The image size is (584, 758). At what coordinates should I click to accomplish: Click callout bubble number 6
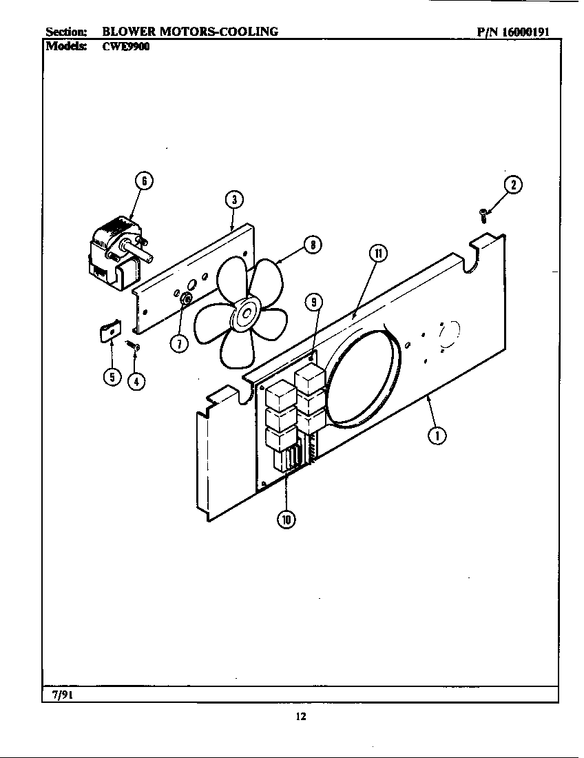click(143, 181)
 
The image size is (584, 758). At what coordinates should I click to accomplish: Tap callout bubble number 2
click(512, 185)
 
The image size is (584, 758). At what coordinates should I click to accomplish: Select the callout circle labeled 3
click(234, 200)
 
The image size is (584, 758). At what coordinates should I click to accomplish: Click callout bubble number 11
click(378, 254)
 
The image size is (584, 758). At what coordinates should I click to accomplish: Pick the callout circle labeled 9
click(313, 301)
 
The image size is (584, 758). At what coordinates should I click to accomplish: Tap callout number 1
click(436, 434)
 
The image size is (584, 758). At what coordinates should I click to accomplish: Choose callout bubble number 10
click(286, 520)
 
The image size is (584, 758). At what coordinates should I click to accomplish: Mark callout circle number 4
click(138, 380)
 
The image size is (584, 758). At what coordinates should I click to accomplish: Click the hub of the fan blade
click(244, 315)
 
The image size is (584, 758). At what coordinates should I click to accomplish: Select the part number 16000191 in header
click(525, 31)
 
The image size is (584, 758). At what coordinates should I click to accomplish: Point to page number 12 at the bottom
click(300, 717)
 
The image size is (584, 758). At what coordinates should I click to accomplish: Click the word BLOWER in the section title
click(129, 31)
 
